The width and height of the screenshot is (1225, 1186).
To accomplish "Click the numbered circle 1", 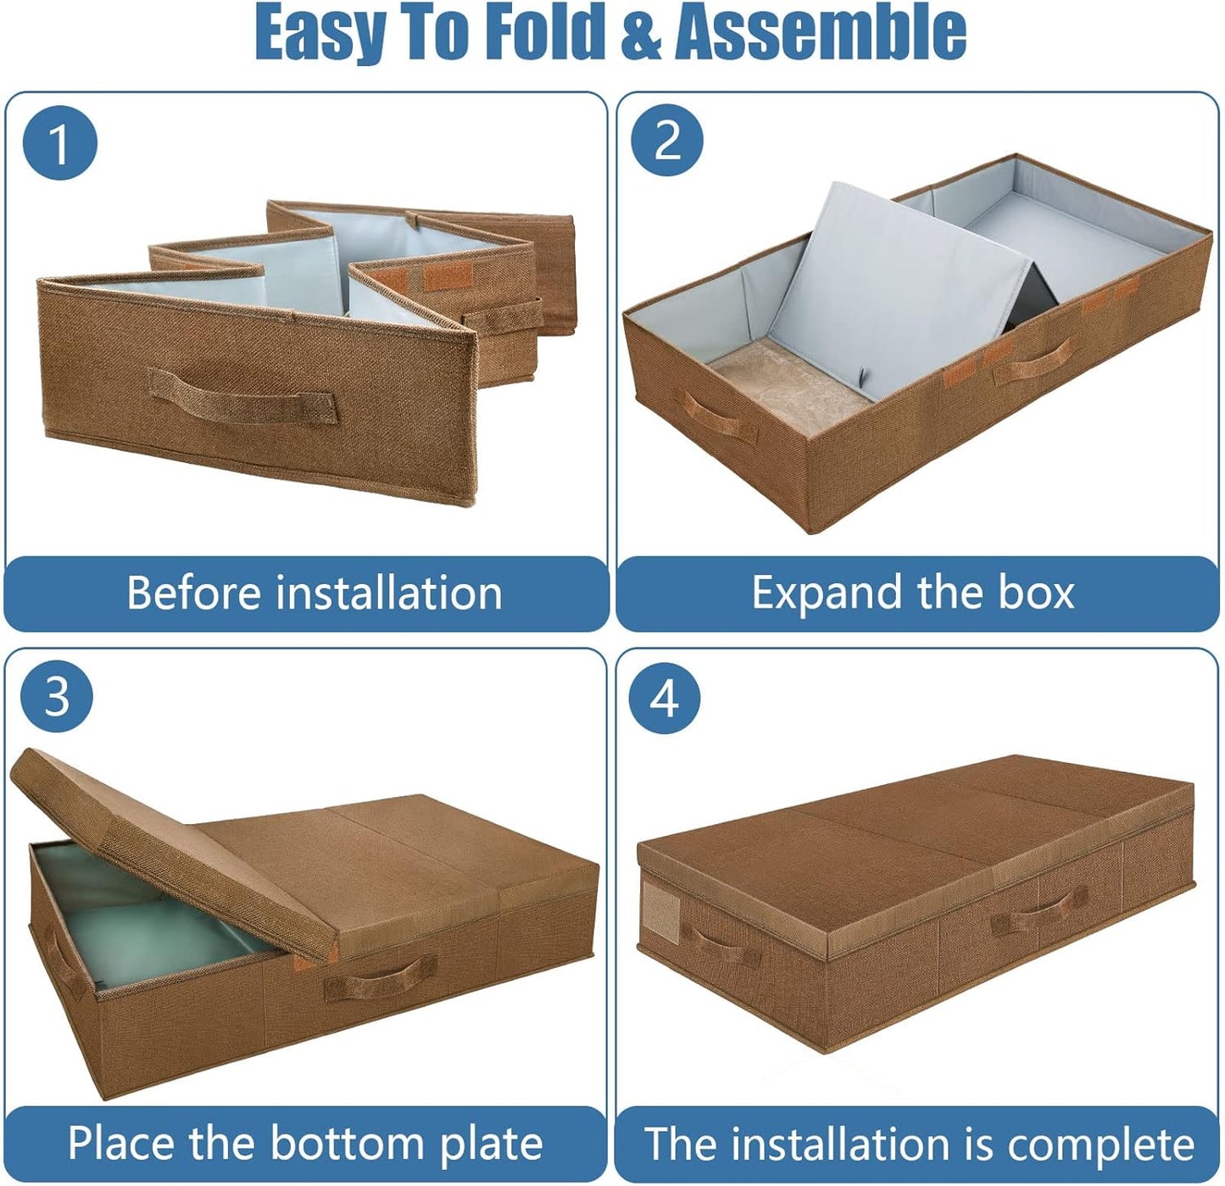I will tap(59, 142).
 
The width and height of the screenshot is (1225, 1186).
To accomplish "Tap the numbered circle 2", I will tap(667, 140).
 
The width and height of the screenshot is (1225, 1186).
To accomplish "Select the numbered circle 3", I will tap(57, 697).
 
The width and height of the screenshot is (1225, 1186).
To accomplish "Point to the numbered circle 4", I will tap(665, 699).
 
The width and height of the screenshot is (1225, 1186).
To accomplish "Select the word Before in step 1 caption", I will tap(193, 593).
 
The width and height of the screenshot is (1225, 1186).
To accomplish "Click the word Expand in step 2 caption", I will tap(827, 593).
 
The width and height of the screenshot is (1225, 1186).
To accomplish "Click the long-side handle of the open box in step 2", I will tap(1034, 360).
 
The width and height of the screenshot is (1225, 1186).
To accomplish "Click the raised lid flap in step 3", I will tap(170, 848).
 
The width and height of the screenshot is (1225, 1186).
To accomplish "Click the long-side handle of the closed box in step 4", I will tap(1040, 910).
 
